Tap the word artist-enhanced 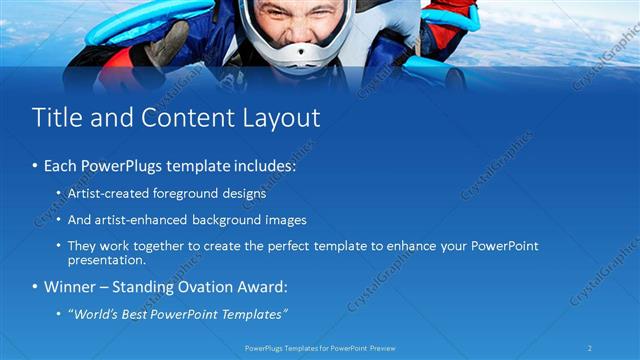tap(142, 219)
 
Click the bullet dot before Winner tap(37, 288)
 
